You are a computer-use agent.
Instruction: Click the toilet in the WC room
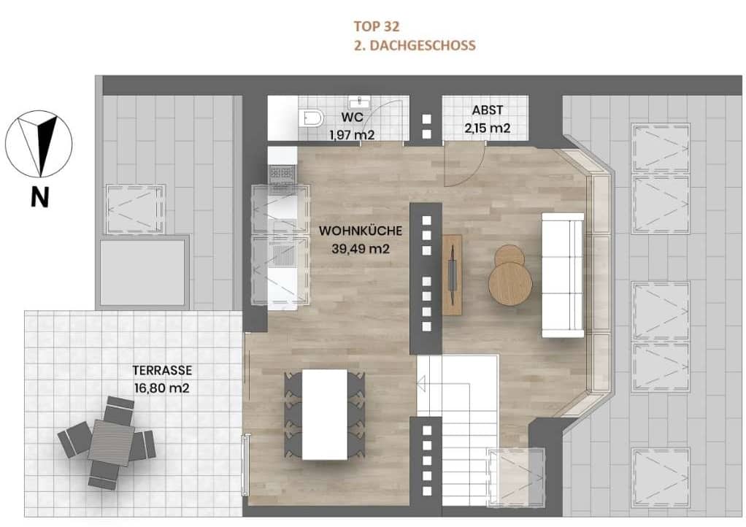[312, 118]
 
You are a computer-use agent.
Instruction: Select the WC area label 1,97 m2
[353, 134]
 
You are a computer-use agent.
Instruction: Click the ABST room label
[488, 110]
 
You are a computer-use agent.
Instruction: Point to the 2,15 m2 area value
[488, 128]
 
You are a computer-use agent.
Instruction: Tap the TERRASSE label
[161, 370]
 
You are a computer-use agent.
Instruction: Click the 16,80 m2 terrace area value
[161, 388]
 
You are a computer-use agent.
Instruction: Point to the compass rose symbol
[39, 143]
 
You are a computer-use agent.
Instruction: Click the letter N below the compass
[39, 197]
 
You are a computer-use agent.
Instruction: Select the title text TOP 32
[376, 27]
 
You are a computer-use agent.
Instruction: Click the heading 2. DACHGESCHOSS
[413, 45]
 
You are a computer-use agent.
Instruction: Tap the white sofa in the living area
[563, 275]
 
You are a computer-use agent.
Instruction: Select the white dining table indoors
[324, 414]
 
